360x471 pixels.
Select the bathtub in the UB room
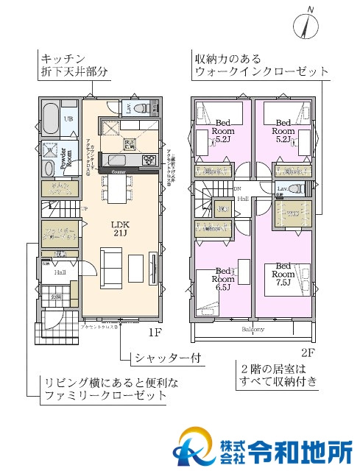[x=51, y=118]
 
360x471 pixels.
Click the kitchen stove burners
[x=147, y=159]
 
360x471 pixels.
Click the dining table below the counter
[x=118, y=190]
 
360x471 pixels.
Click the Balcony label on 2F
[x=253, y=329]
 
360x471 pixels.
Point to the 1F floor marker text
[x=152, y=332]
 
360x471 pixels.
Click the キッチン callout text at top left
[x=66, y=58]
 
